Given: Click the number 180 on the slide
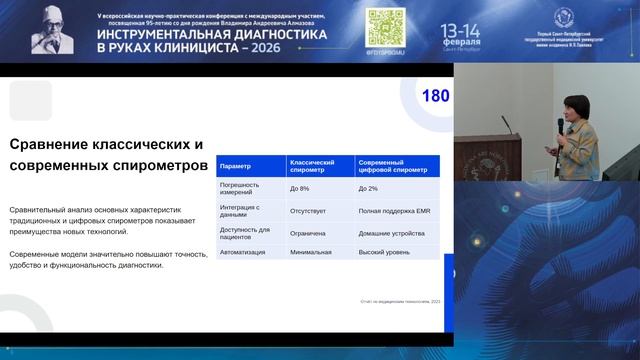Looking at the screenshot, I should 437,96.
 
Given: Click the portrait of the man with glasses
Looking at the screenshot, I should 54,29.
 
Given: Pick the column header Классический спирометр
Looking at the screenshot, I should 312,167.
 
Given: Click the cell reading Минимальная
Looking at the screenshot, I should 311,253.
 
